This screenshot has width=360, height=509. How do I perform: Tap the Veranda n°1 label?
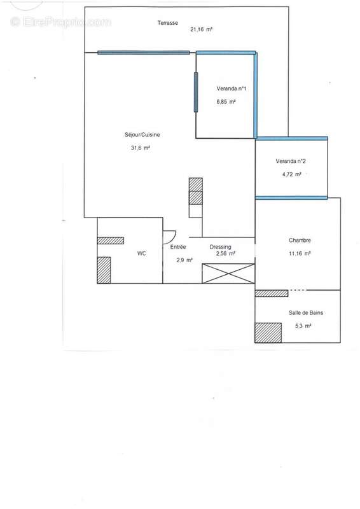coord(232,89)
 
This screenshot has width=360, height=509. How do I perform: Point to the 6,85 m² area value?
coord(226,102)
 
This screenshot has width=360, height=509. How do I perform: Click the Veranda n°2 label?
coord(291,160)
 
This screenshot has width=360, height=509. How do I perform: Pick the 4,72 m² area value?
coord(291,173)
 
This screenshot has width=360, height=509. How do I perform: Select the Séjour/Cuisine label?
coord(142,134)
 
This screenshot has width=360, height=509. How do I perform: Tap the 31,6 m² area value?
coord(140,148)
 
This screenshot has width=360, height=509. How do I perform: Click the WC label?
coord(142,253)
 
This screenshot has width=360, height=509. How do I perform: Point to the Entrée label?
coord(177,247)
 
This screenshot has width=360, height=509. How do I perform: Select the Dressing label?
coord(221,247)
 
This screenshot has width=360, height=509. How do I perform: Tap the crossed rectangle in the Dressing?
coord(228,274)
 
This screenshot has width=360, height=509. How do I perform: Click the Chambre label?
coord(300,241)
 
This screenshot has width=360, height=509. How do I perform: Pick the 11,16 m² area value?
coord(299,253)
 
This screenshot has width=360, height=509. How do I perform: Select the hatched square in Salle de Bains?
coord(268,333)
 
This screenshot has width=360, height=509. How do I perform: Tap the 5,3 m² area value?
coord(303,326)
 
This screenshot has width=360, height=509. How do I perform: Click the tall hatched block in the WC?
coord(104,270)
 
